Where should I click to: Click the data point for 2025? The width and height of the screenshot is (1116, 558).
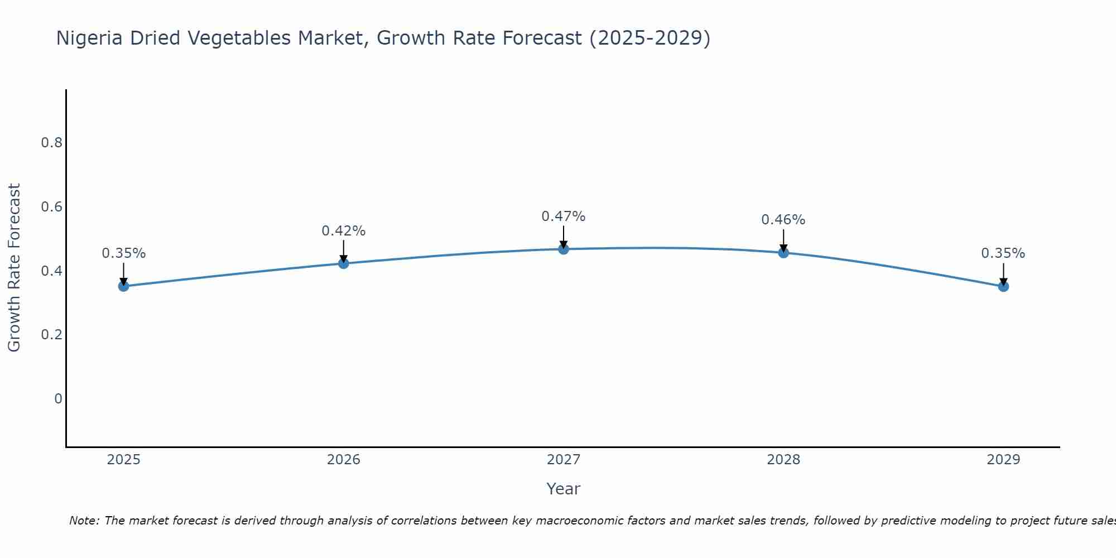(124, 286)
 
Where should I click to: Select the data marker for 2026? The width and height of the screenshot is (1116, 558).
(344, 263)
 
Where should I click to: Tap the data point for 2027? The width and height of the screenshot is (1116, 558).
(564, 249)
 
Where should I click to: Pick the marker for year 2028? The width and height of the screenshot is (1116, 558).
(783, 253)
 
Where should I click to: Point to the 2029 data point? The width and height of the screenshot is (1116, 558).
(1003, 286)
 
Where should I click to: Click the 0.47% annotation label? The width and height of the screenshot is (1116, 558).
(564, 217)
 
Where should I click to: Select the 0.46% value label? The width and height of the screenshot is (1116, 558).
(783, 220)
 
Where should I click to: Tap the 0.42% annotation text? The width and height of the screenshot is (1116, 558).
(344, 231)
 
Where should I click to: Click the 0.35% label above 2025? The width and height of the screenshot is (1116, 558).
(124, 253)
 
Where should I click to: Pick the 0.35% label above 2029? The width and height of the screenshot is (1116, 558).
(1003, 253)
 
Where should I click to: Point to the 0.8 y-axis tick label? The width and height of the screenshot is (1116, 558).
(51, 143)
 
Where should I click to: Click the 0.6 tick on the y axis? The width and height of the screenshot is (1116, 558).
(51, 207)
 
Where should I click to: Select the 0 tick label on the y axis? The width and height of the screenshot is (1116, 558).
(58, 399)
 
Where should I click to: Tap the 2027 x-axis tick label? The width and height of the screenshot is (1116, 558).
(564, 460)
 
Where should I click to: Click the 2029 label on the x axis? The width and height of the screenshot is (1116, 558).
(1003, 460)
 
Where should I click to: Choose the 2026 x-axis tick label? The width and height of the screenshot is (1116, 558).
(344, 460)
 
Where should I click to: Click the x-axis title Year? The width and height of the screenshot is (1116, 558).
(564, 489)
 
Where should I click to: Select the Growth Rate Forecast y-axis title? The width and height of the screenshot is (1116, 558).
(14, 268)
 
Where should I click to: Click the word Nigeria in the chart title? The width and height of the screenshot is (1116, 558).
(90, 39)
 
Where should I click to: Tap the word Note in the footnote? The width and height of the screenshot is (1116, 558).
(84, 521)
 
